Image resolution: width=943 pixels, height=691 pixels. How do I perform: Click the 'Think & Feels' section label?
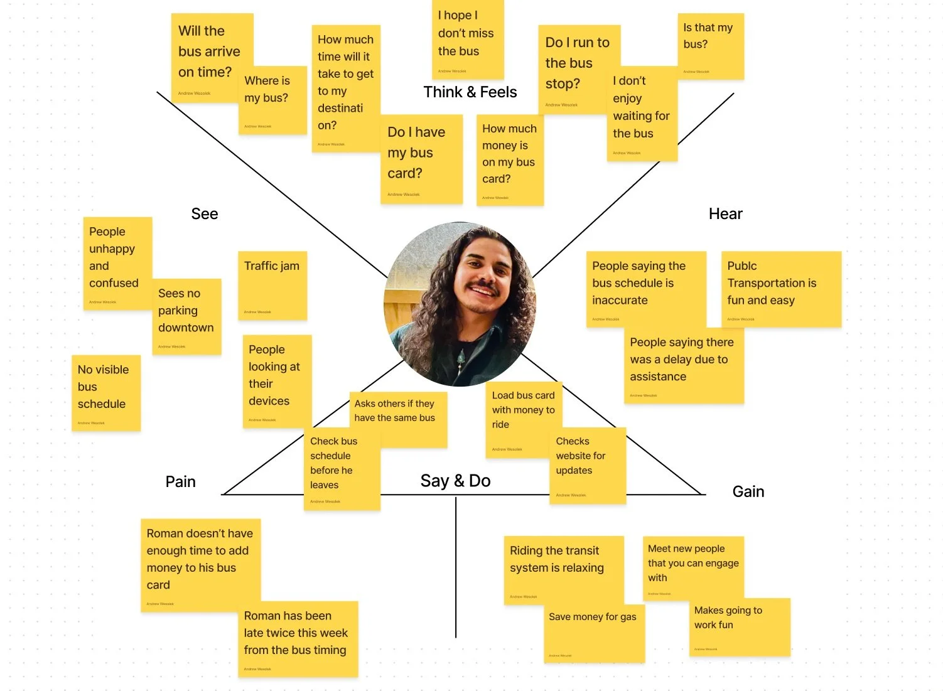click(x=470, y=92)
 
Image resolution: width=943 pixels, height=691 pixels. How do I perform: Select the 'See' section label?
click(x=204, y=214)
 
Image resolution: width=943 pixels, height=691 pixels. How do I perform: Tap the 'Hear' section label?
click(x=725, y=214)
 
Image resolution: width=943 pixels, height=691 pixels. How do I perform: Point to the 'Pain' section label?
click(x=180, y=481)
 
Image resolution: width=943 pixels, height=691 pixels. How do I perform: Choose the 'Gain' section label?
click(x=748, y=491)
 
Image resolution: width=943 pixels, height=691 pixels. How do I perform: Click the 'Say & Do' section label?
click(x=455, y=481)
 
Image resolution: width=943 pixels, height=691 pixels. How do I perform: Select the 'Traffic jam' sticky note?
click(x=272, y=286)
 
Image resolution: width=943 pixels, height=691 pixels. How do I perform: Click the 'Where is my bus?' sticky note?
click(x=267, y=100)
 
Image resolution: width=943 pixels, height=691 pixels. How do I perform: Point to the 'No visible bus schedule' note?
click(x=105, y=393)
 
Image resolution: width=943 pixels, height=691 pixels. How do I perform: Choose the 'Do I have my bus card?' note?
click(x=421, y=159)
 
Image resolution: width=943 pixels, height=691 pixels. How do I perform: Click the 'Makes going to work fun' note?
click(x=739, y=627)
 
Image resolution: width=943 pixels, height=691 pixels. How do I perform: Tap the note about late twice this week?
click(x=298, y=638)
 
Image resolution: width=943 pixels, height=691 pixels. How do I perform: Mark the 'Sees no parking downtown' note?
click(x=186, y=316)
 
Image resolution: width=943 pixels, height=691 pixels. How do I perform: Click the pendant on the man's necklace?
click(x=461, y=358)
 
